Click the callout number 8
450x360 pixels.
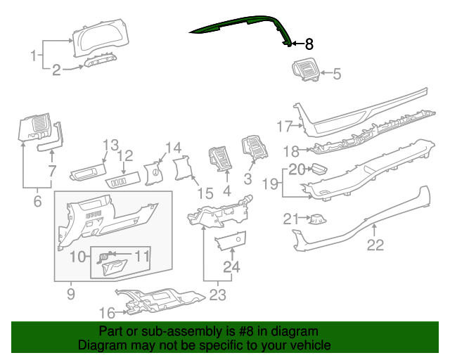tap(309, 44)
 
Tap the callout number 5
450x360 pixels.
tap(336, 73)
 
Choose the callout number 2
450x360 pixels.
tap(57, 68)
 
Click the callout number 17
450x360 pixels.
tap(284, 127)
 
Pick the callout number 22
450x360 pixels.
tap(375, 245)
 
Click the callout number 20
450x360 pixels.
tap(296, 169)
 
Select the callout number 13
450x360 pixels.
tap(110, 146)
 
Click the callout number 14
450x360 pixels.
tap(173, 148)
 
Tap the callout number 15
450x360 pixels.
tap(204, 193)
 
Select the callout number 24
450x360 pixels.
tap(231, 267)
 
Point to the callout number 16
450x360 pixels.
tap(107, 312)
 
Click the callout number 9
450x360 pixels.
tap(70, 293)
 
